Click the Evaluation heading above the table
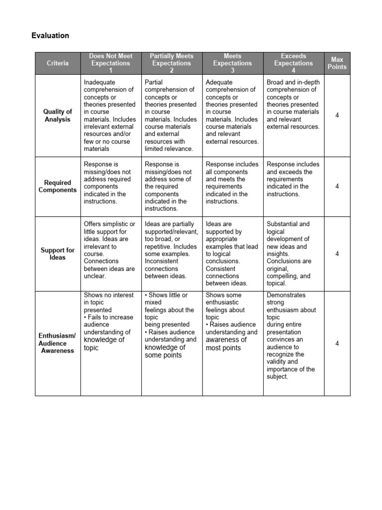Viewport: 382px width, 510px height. (x=50, y=36)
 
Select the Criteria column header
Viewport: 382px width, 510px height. (x=58, y=63)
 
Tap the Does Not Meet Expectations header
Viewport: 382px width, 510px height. (x=111, y=63)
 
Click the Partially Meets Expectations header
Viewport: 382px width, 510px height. (x=172, y=63)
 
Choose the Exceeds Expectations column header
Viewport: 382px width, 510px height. (x=293, y=63)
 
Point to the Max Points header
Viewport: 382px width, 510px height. (x=337, y=63)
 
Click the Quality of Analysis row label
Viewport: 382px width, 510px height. (x=58, y=116)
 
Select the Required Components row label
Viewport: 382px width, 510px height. (x=58, y=186)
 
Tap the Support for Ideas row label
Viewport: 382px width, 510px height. (x=58, y=254)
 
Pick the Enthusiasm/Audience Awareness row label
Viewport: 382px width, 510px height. (x=57, y=343)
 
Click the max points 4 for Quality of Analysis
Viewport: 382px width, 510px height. (x=337, y=116)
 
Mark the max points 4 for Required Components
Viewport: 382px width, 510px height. (x=337, y=186)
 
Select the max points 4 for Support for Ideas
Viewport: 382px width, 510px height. (x=337, y=254)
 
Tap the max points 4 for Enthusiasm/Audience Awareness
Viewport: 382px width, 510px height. (x=337, y=343)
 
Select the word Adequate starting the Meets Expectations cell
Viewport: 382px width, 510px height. (x=219, y=82)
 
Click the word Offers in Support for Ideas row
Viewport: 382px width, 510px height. (x=93, y=224)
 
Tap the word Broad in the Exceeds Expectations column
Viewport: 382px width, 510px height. (x=275, y=82)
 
